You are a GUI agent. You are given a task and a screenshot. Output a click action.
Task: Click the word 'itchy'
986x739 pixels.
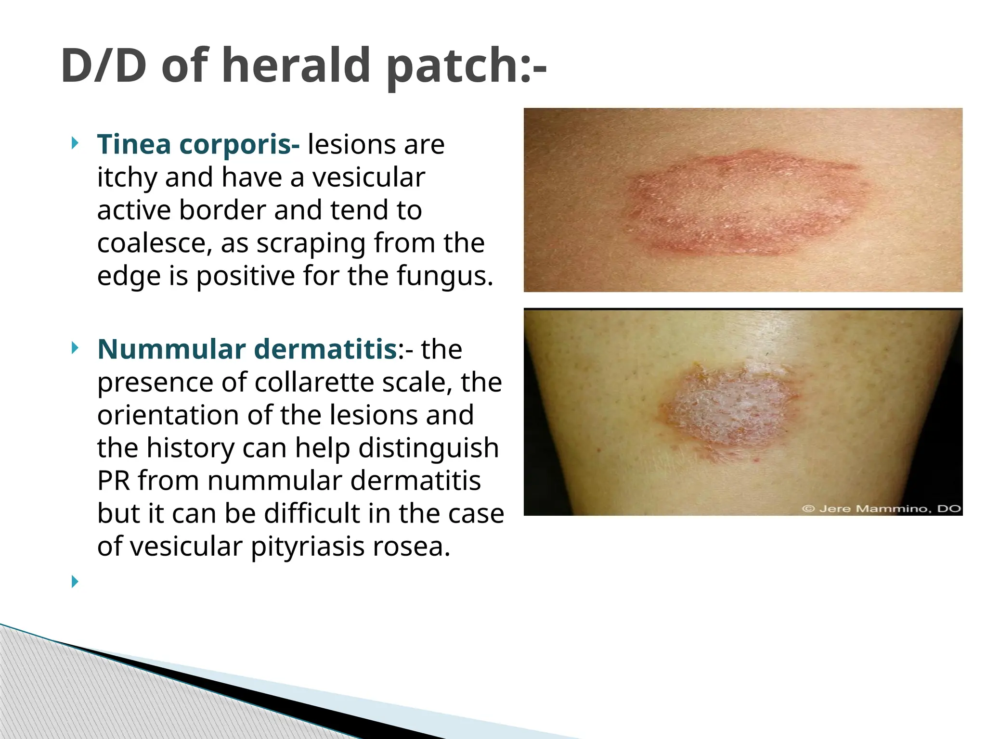coord(127,178)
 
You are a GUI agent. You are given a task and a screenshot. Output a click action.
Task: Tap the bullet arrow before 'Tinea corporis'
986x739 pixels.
coord(74,143)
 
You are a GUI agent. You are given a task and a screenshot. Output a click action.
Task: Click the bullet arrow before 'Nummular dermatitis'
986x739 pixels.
coord(74,348)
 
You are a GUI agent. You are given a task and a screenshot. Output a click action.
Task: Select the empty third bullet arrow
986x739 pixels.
coord(74,582)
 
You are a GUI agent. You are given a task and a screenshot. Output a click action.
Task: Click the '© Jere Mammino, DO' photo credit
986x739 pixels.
coord(881,509)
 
